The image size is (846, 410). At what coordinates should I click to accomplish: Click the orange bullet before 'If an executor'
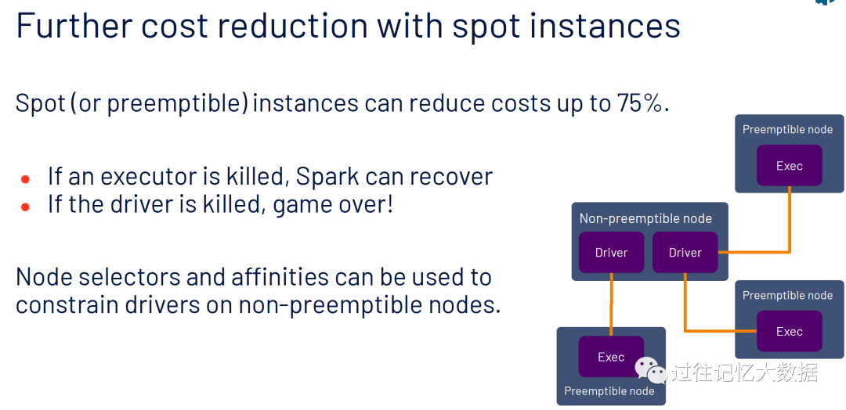[x=25, y=179]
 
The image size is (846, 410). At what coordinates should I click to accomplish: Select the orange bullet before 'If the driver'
[x=25, y=207]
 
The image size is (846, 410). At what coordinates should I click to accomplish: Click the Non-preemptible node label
[x=645, y=218]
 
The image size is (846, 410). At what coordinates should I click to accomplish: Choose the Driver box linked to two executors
[x=685, y=253]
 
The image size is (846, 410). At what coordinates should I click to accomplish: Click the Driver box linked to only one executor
[x=611, y=253]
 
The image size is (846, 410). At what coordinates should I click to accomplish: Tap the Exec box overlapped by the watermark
[x=611, y=357]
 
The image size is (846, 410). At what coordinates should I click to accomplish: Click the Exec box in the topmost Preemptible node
[x=789, y=166]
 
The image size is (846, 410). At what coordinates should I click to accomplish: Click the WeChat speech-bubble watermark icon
[x=651, y=370]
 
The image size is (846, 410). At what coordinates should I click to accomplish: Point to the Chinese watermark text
[x=745, y=372]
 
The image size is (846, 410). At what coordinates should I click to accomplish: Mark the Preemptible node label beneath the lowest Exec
[x=609, y=391]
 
